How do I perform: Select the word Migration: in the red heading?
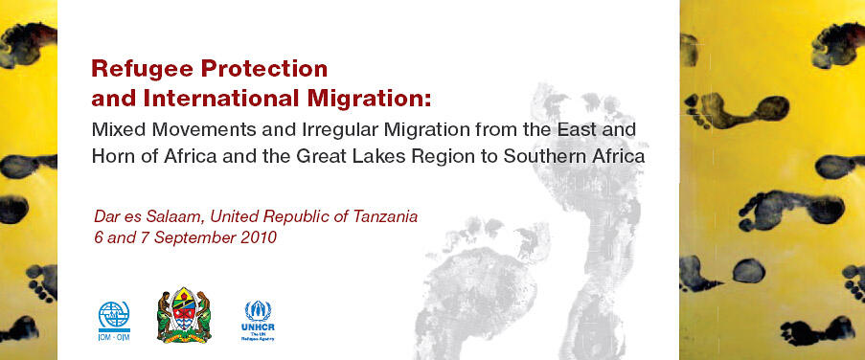[x=373, y=97]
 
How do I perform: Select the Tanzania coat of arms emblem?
[x=184, y=313]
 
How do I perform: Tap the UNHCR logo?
[x=258, y=319]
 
